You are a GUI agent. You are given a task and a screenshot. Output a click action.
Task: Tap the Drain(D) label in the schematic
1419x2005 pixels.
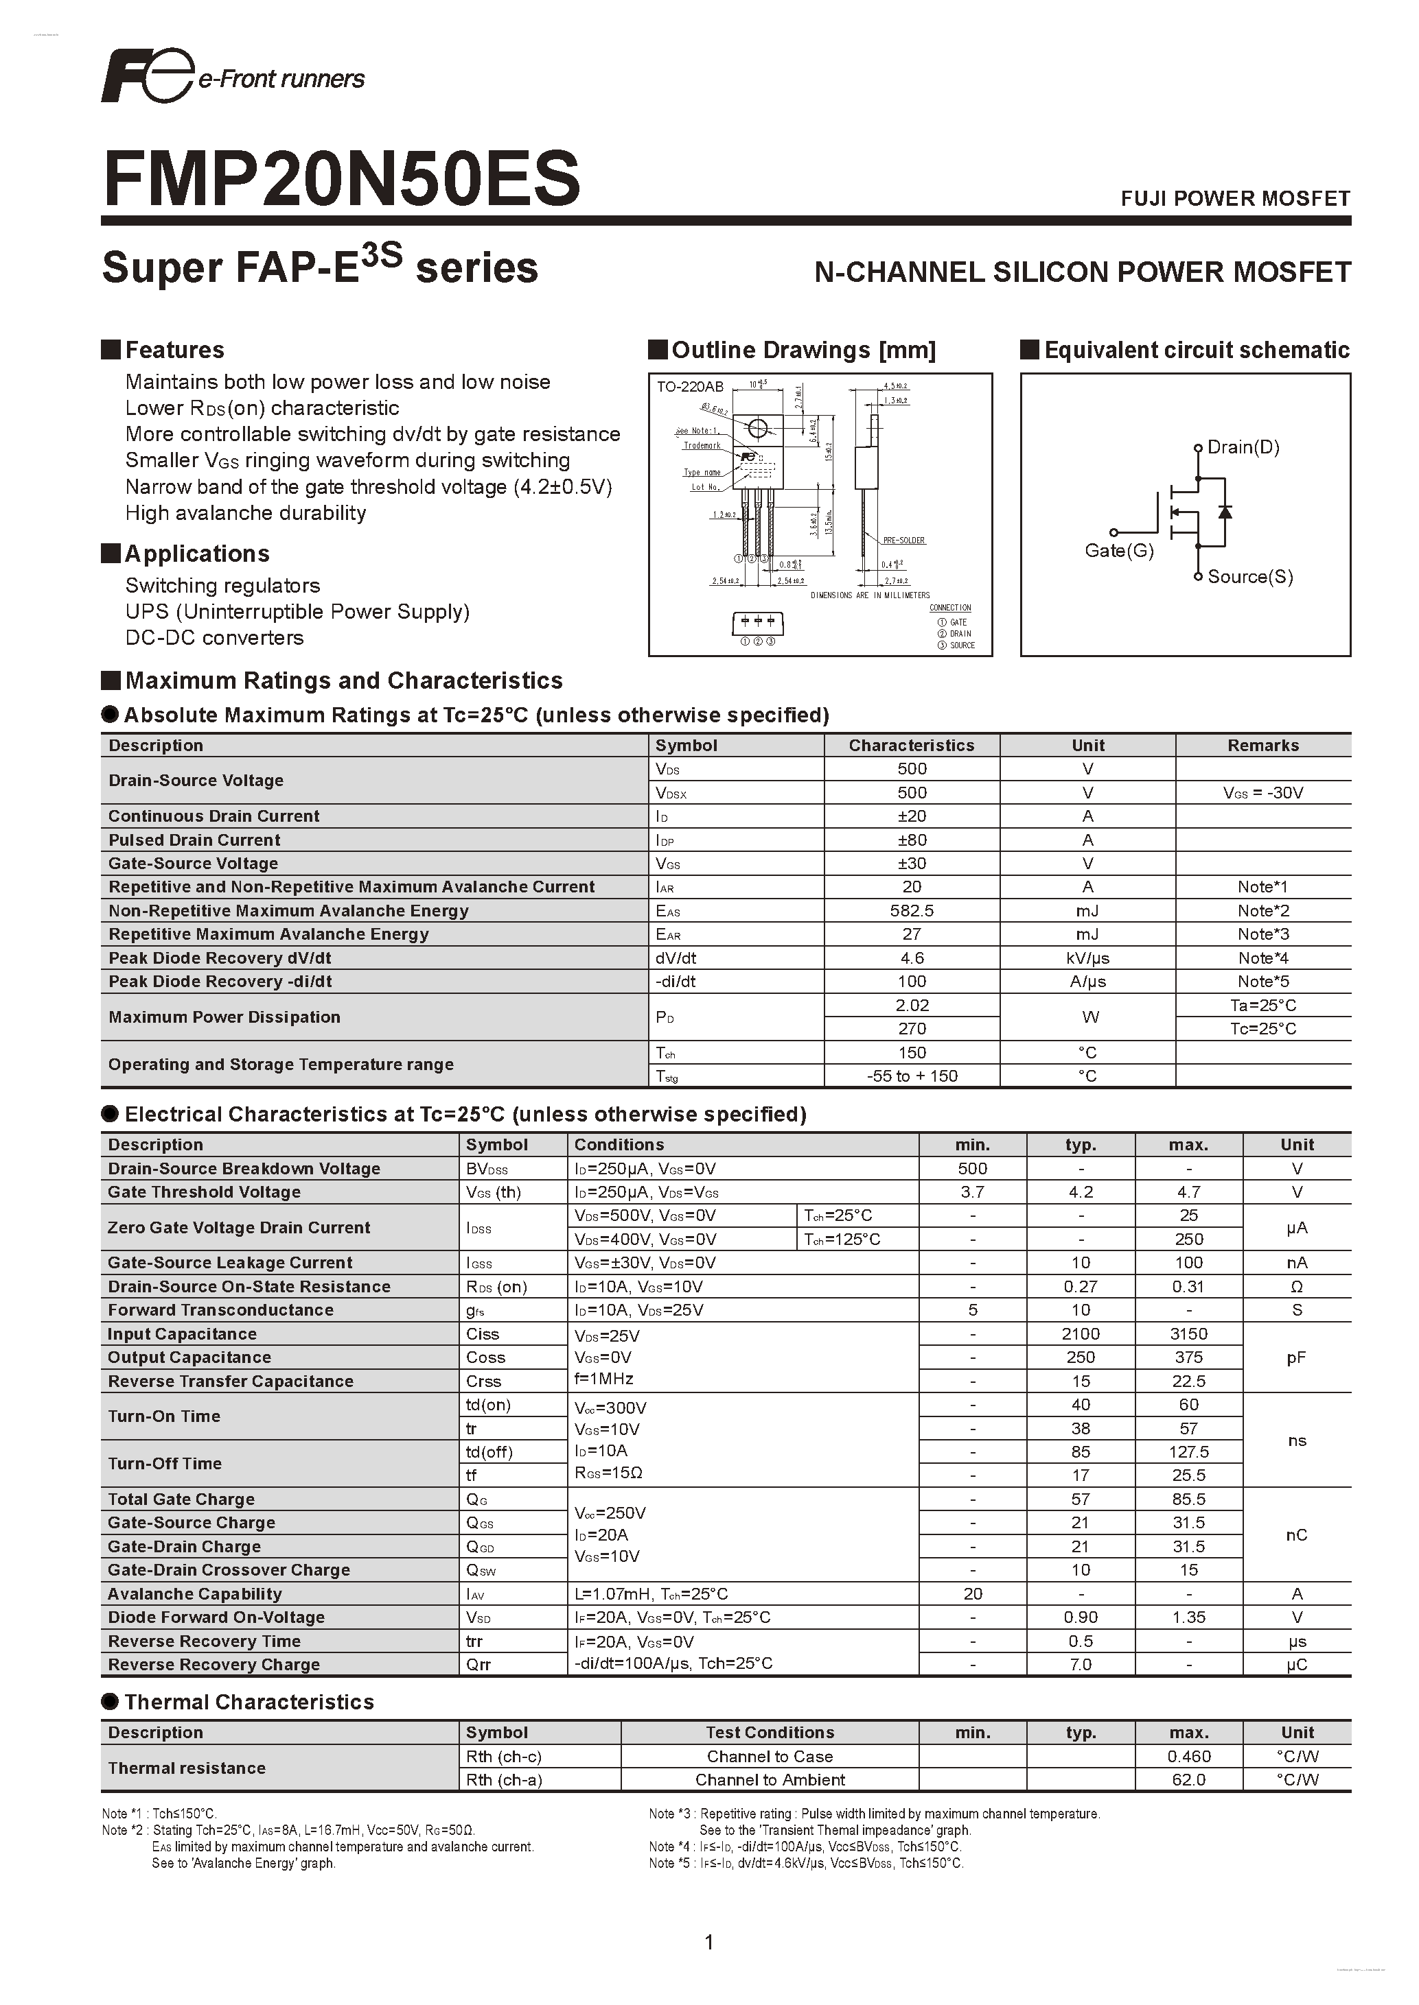(x=1243, y=447)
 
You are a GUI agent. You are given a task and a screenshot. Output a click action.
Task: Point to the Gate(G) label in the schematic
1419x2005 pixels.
(x=1118, y=550)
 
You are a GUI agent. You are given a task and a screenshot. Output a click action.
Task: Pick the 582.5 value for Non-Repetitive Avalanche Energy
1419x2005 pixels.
(x=912, y=911)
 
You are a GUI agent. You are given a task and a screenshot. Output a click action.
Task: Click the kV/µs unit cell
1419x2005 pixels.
(x=1088, y=958)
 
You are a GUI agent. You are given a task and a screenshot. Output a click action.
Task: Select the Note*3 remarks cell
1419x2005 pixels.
(x=1262, y=934)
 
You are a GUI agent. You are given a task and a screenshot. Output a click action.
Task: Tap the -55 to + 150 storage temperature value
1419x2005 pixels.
(x=912, y=1076)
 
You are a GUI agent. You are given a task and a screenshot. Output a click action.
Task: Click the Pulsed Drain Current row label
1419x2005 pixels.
(x=194, y=840)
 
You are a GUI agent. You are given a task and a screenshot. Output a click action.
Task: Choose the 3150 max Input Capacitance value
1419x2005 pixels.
(x=1188, y=1333)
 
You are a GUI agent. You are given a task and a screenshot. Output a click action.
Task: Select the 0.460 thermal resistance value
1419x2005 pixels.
(x=1188, y=1756)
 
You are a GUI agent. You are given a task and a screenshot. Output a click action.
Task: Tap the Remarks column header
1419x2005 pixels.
(x=1262, y=745)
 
